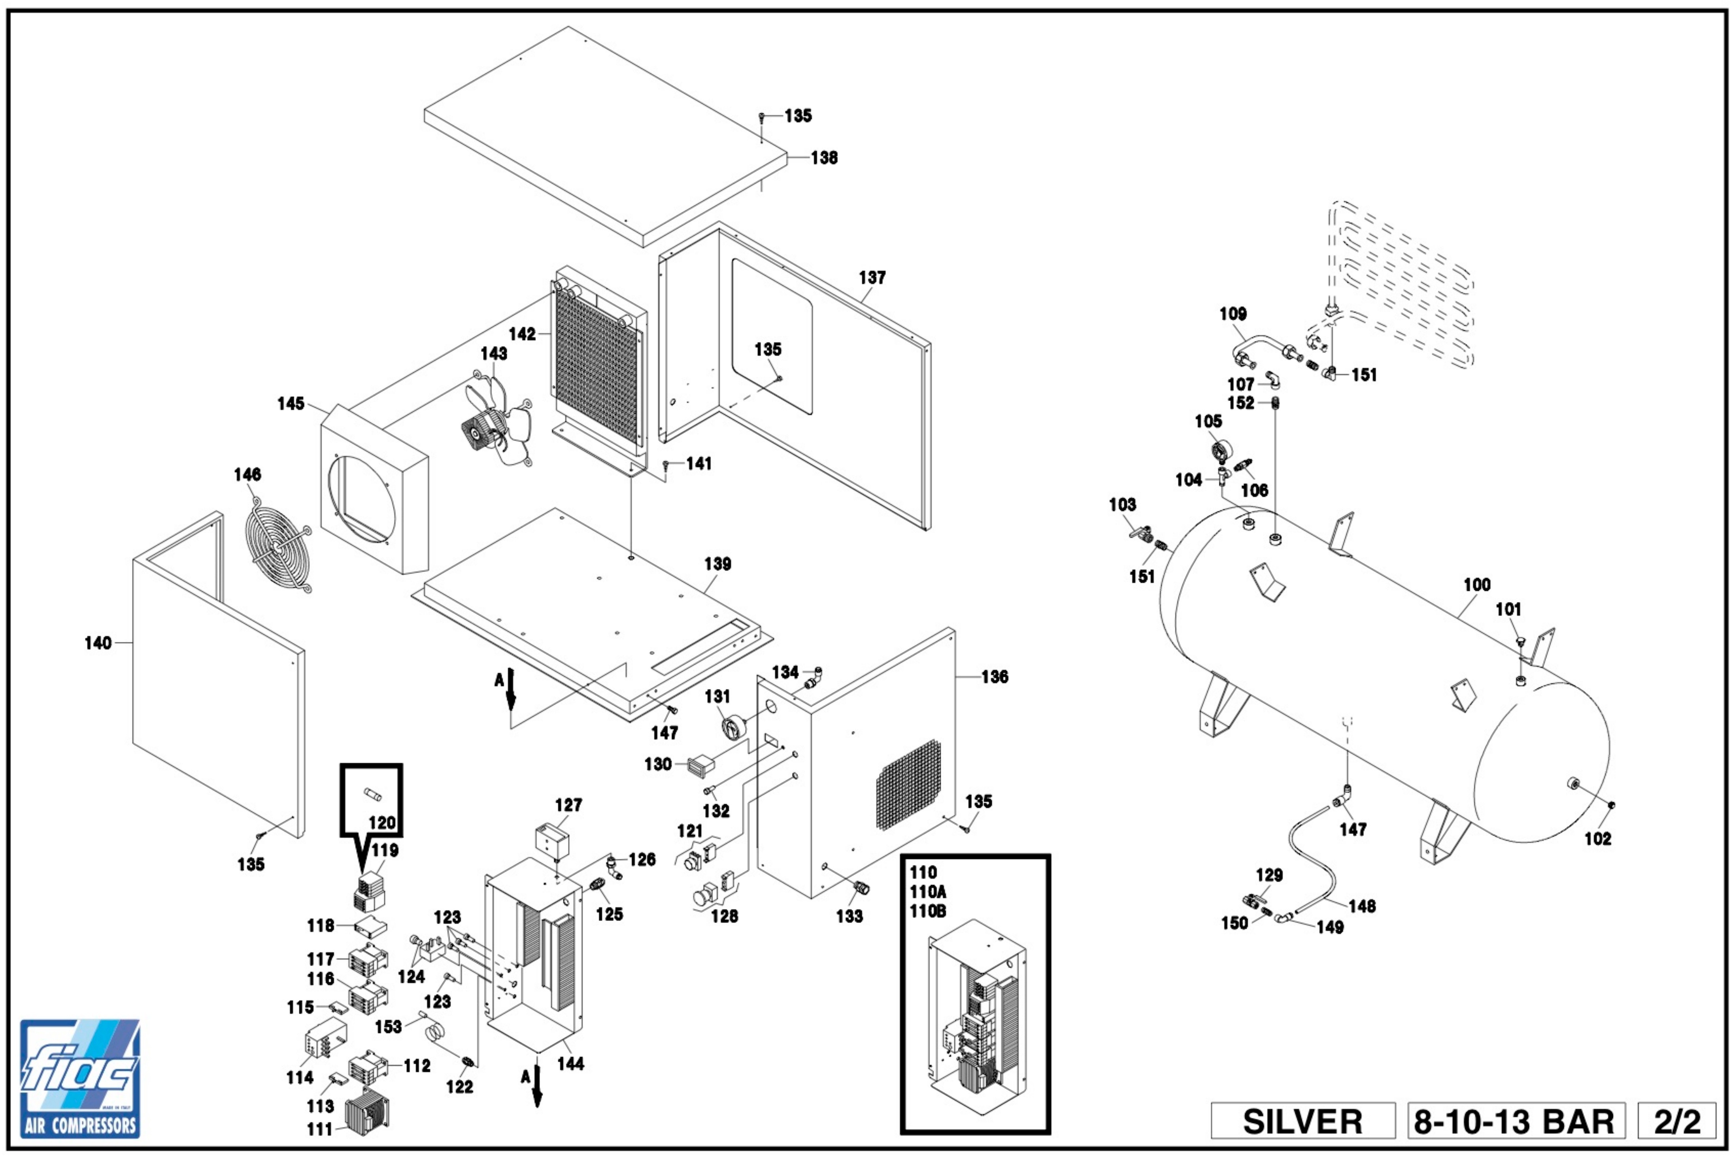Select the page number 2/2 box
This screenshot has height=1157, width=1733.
click(1677, 1121)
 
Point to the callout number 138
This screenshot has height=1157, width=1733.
click(824, 158)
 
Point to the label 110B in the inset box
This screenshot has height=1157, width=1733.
click(927, 911)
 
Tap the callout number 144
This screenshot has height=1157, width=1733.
click(570, 1063)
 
